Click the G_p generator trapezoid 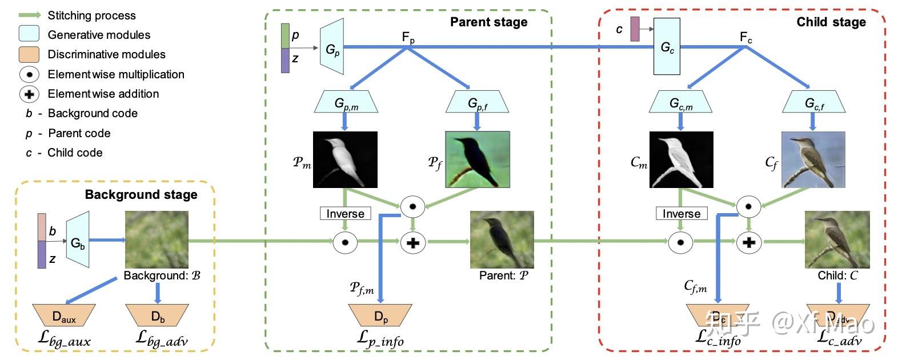pos(332,48)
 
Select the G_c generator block pos(667,47)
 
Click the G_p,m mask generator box pos(346,103)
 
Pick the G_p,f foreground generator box pos(477,102)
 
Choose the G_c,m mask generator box pos(680,103)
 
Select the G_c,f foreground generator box pos(814,102)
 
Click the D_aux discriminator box pos(64,315)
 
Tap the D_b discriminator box pos(158,315)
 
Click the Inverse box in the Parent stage pos(345,214)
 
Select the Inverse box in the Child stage pos(681,214)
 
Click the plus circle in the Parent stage pos(412,242)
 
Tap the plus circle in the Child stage pos(749,242)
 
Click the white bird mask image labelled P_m pos(345,159)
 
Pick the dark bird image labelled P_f pos(477,159)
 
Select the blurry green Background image pos(157,239)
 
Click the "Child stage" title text pos(831,22)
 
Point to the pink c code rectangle pos(635,29)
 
